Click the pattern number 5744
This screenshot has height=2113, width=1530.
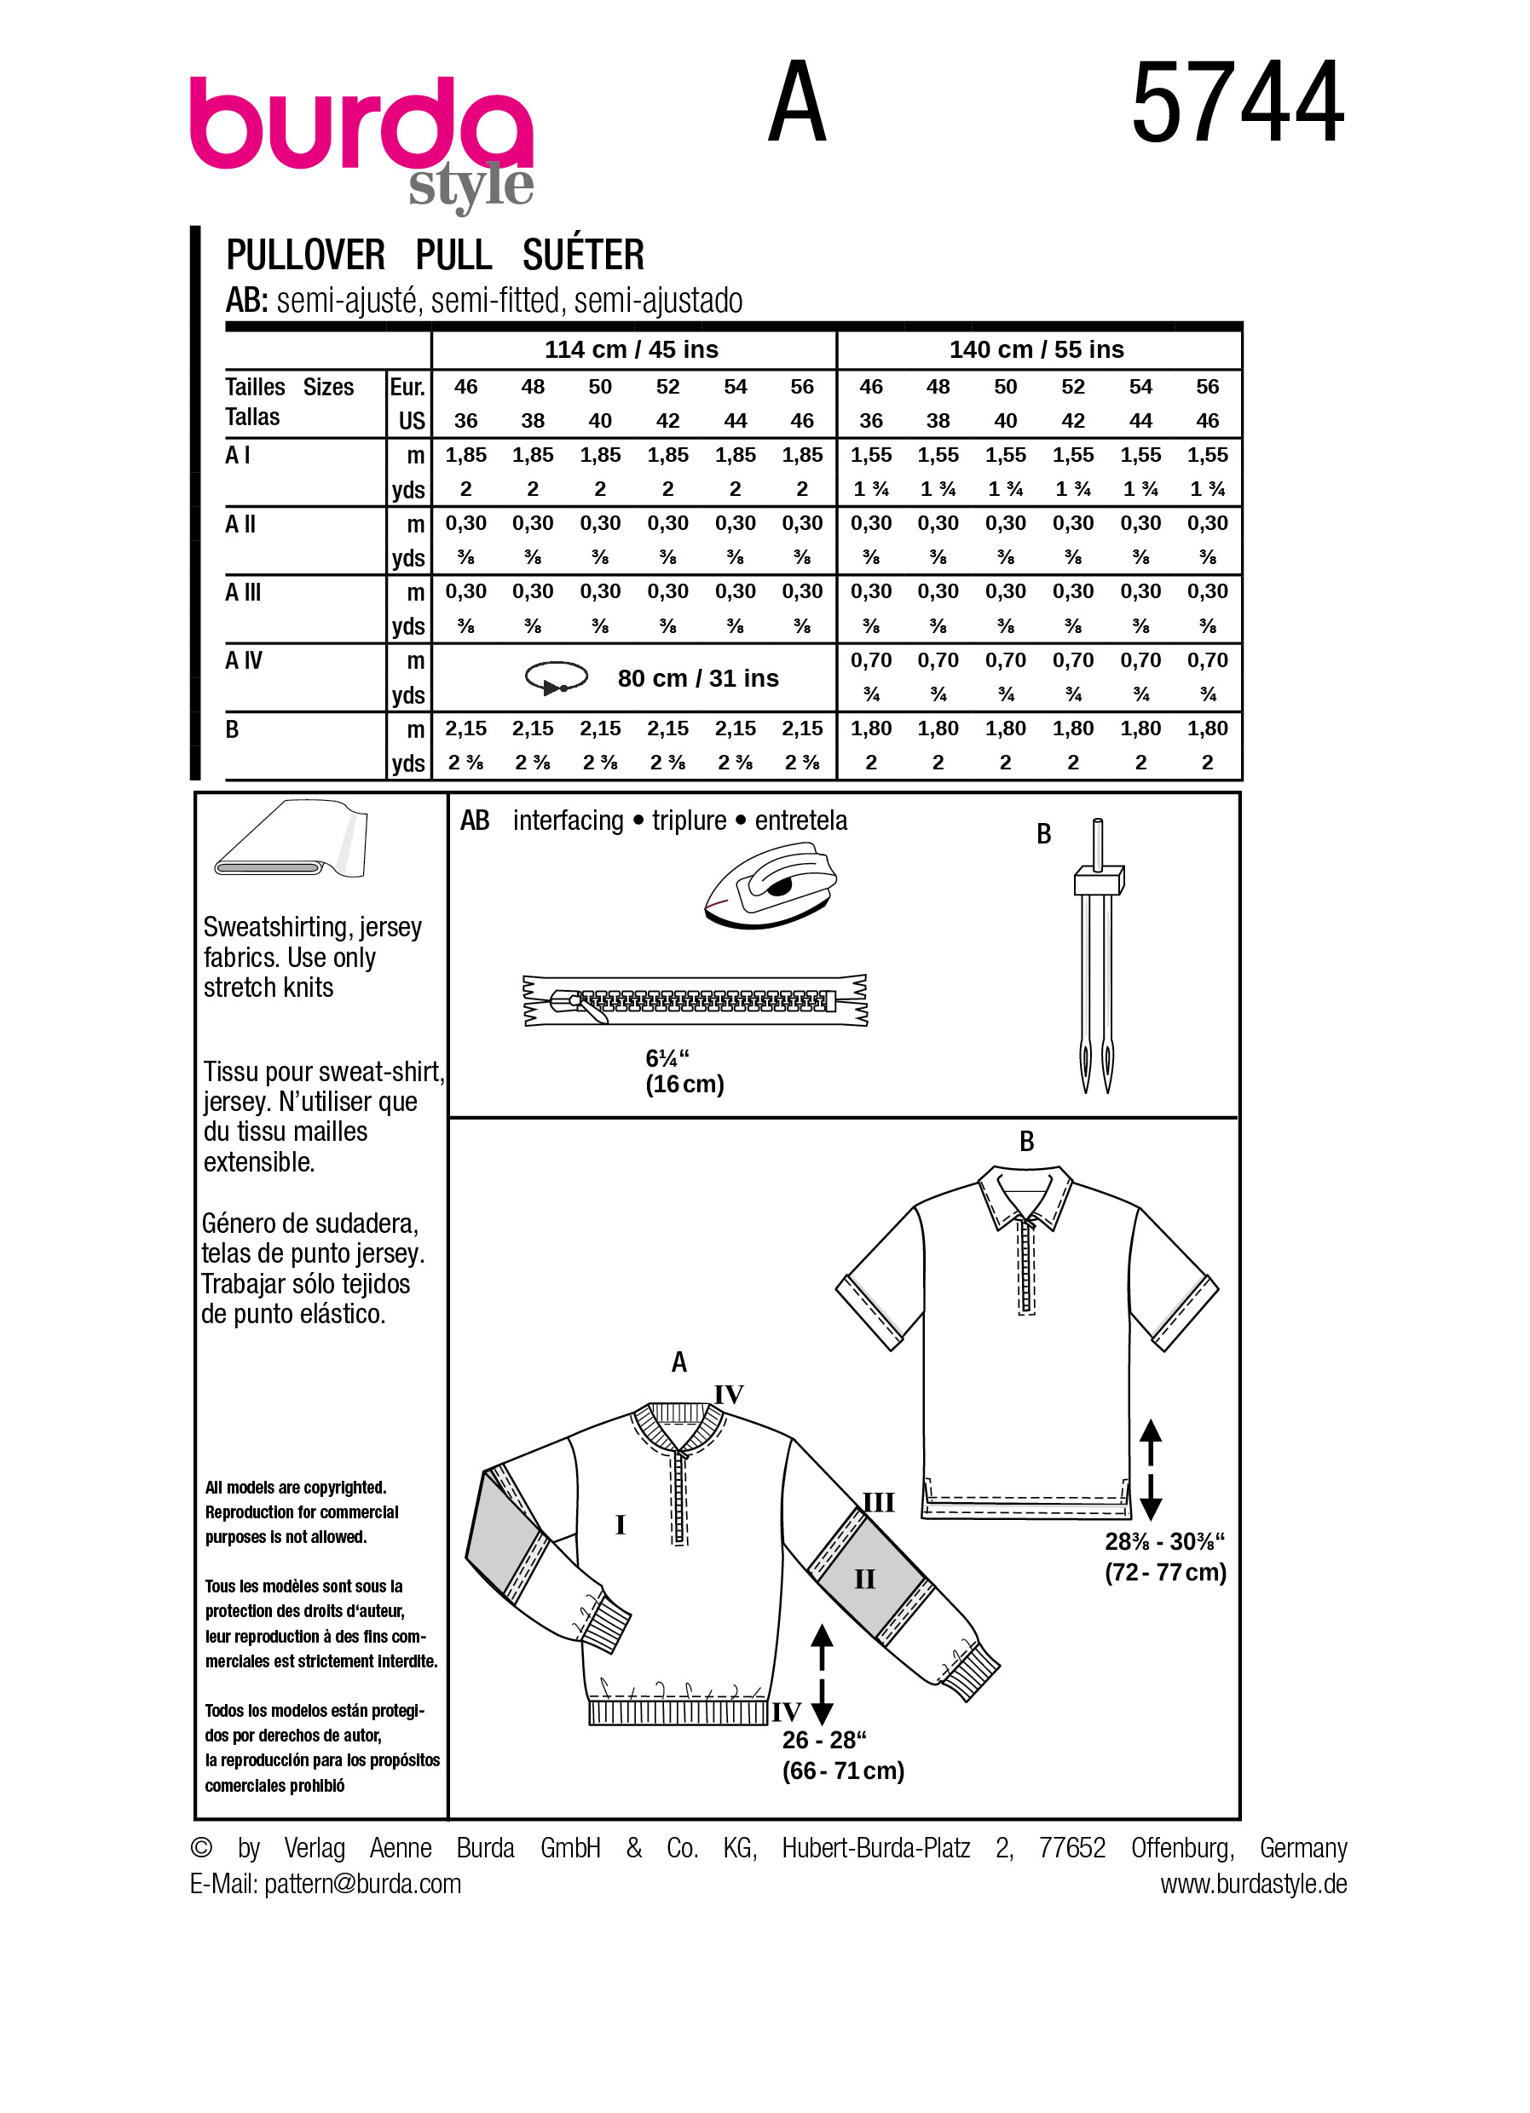(1238, 102)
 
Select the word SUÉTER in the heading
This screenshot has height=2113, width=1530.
(582, 256)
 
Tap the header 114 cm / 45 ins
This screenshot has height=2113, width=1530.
(631, 349)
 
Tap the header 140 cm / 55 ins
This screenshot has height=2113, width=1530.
(1036, 349)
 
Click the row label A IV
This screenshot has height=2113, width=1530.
(244, 660)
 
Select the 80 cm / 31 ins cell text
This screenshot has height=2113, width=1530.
(698, 678)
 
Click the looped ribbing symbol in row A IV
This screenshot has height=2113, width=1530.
(557, 678)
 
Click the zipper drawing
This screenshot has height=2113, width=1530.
(696, 1000)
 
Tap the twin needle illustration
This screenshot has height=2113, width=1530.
(1097, 959)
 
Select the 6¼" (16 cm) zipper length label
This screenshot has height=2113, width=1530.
(684, 1071)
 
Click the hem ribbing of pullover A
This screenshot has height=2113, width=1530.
(679, 1713)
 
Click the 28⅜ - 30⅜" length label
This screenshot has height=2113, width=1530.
(1164, 1557)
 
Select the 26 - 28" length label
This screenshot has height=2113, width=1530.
(842, 1755)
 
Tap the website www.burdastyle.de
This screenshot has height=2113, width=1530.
(1253, 1884)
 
